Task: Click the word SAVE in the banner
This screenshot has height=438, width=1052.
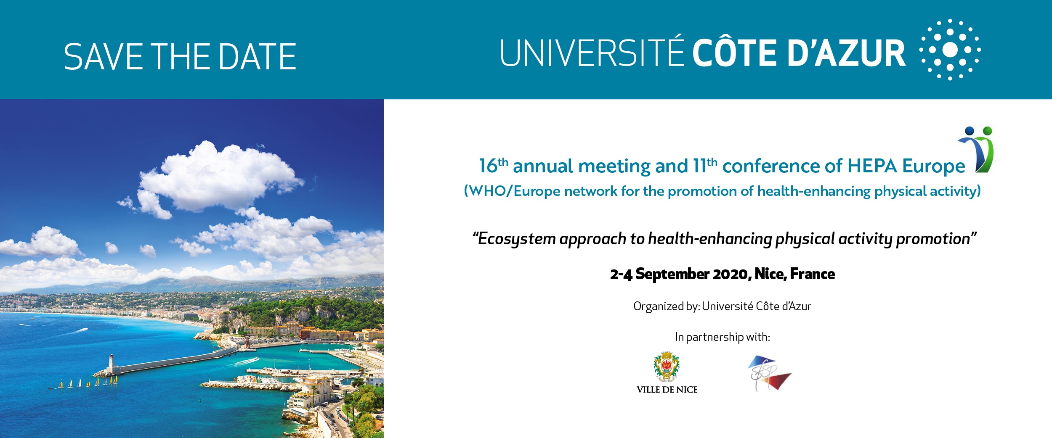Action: point(104,56)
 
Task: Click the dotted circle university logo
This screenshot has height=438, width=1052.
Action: point(950,50)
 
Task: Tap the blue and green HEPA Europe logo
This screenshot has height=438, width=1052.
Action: point(976,150)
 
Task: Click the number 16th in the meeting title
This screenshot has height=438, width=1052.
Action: point(494,166)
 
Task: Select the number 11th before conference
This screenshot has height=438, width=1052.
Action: point(705,166)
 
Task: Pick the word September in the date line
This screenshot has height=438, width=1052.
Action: point(672,274)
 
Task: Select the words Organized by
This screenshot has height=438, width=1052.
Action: point(667,306)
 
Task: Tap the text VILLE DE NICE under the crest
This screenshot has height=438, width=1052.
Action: point(667,390)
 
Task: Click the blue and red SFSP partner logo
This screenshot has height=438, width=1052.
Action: point(769,373)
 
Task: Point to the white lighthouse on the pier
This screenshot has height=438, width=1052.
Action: point(111,363)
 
